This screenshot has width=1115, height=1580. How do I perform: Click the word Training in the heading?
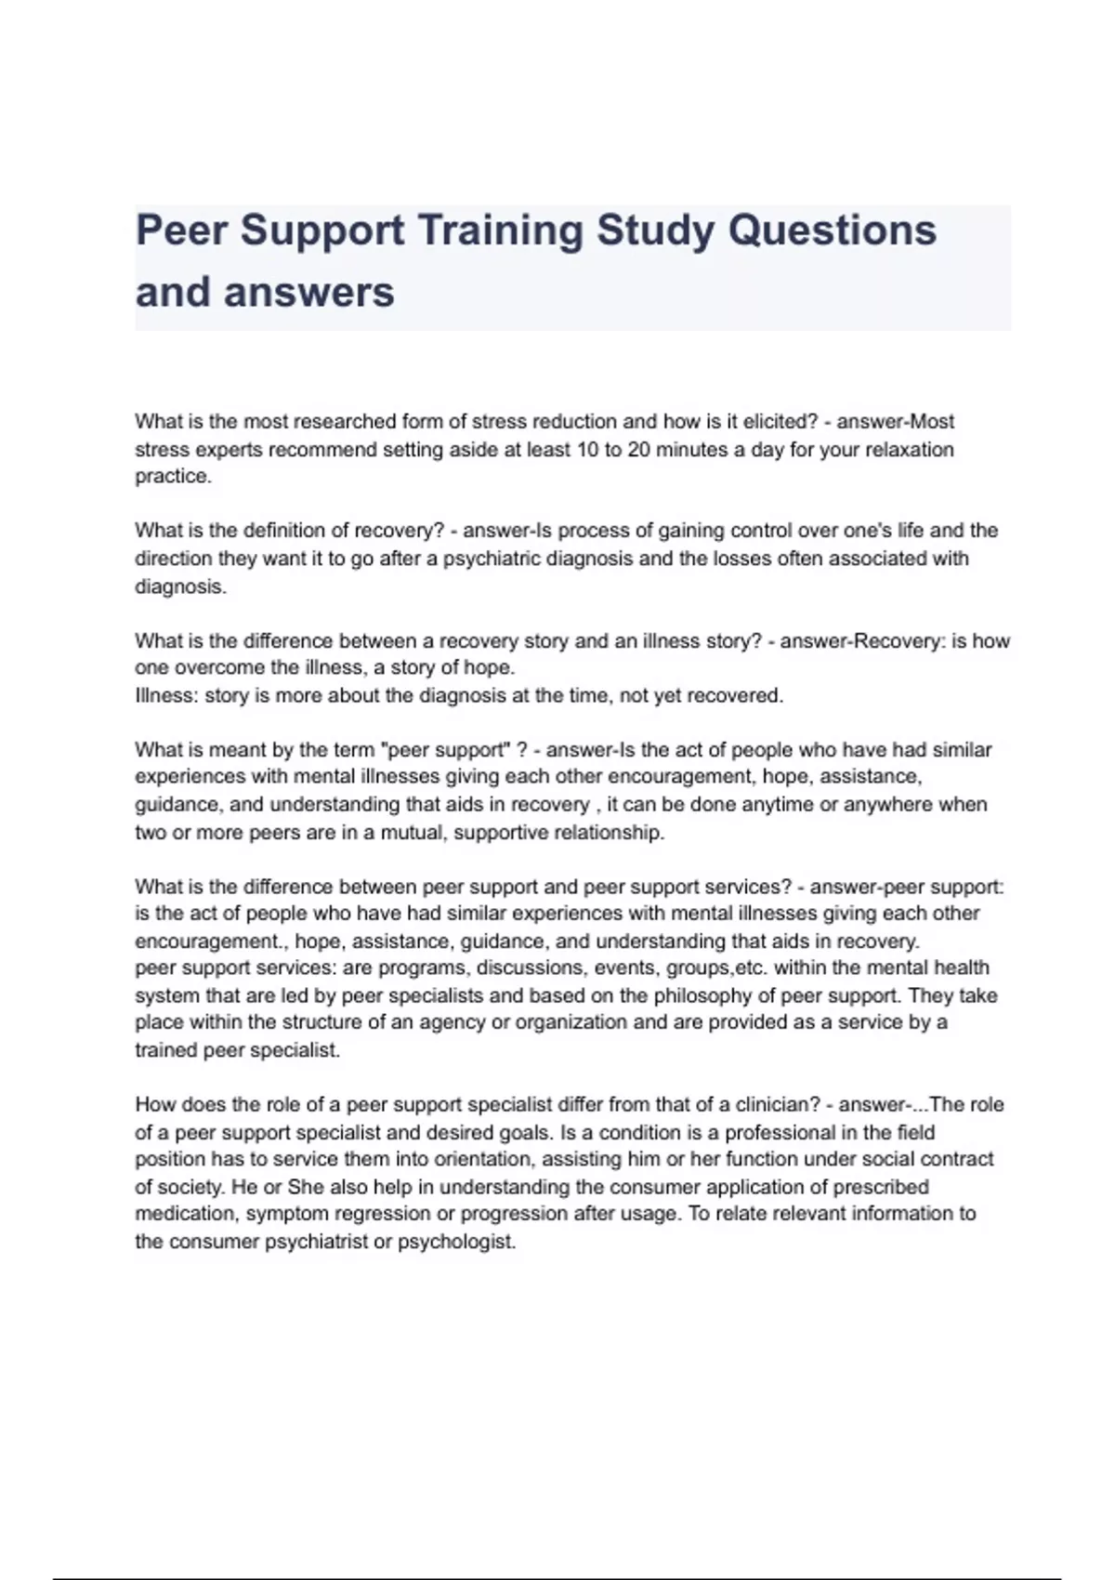tap(500, 230)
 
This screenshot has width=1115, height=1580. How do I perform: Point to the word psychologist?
tap(456, 1242)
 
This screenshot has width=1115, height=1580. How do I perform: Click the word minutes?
tap(691, 450)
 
